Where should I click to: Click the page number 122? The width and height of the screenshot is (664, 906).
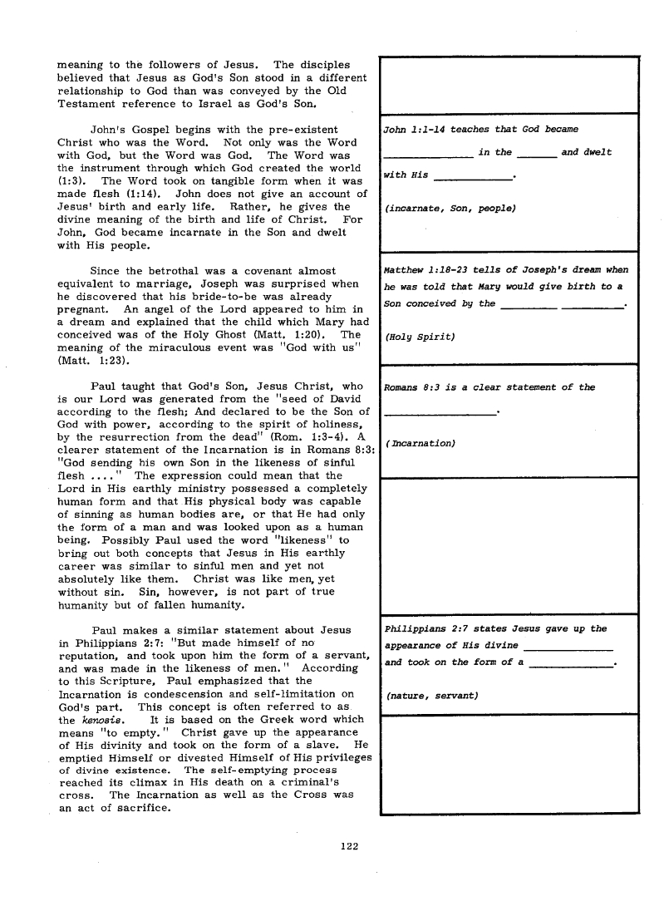[x=349, y=846]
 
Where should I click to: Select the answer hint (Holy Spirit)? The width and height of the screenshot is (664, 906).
[x=420, y=337]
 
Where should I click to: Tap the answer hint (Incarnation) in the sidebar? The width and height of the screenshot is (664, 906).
[x=421, y=443]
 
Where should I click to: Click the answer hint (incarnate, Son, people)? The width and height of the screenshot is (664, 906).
[x=450, y=209]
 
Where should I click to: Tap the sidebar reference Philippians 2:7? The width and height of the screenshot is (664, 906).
[x=423, y=628]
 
